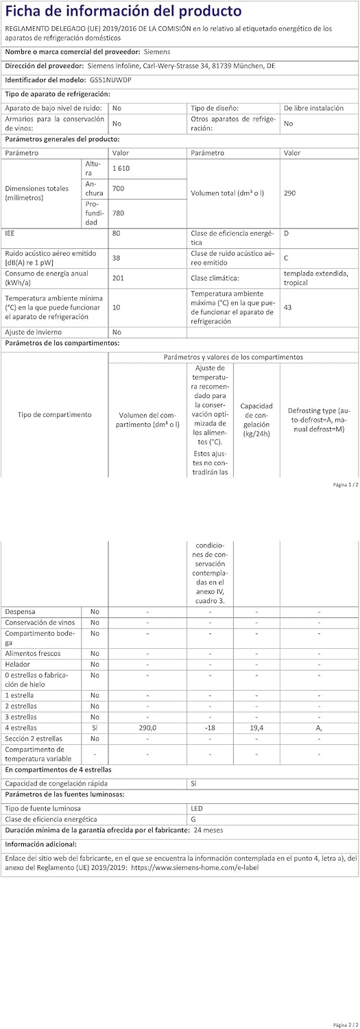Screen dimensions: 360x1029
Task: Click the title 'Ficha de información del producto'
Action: [x=123, y=11]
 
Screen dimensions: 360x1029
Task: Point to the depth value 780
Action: [x=118, y=213]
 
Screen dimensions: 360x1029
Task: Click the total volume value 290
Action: [x=289, y=193]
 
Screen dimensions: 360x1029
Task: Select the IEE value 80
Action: [x=116, y=233]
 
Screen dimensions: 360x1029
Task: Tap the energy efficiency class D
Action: [x=286, y=233]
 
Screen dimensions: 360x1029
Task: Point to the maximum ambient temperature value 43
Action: [x=287, y=307]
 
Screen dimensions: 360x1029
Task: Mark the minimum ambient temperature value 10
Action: [x=116, y=307]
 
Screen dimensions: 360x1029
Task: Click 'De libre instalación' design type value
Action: [x=313, y=108]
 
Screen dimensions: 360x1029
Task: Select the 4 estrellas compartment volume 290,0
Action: [x=147, y=727]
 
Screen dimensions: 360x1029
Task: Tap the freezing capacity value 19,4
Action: [x=256, y=727]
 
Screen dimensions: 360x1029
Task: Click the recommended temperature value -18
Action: [x=210, y=727]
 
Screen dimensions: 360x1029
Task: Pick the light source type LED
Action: [x=197, y=808]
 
